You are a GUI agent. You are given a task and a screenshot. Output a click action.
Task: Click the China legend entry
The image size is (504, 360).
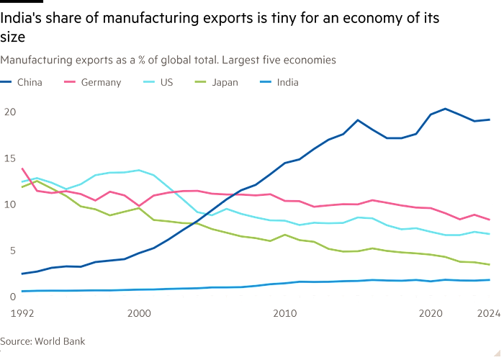click(28, 82)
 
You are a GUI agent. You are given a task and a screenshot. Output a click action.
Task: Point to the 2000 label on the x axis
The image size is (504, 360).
click(139, 313)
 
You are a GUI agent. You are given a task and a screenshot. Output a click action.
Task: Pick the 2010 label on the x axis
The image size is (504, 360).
click(285, 313)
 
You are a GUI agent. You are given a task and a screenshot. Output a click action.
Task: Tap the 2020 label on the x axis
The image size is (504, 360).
click(431, 313)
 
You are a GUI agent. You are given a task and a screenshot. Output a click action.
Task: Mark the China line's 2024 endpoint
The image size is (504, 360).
click(490, 120)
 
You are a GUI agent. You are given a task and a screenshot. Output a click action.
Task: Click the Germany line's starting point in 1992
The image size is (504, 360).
click(23, 168)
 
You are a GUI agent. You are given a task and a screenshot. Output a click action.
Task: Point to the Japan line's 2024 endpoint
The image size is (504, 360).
click(490, 265)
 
